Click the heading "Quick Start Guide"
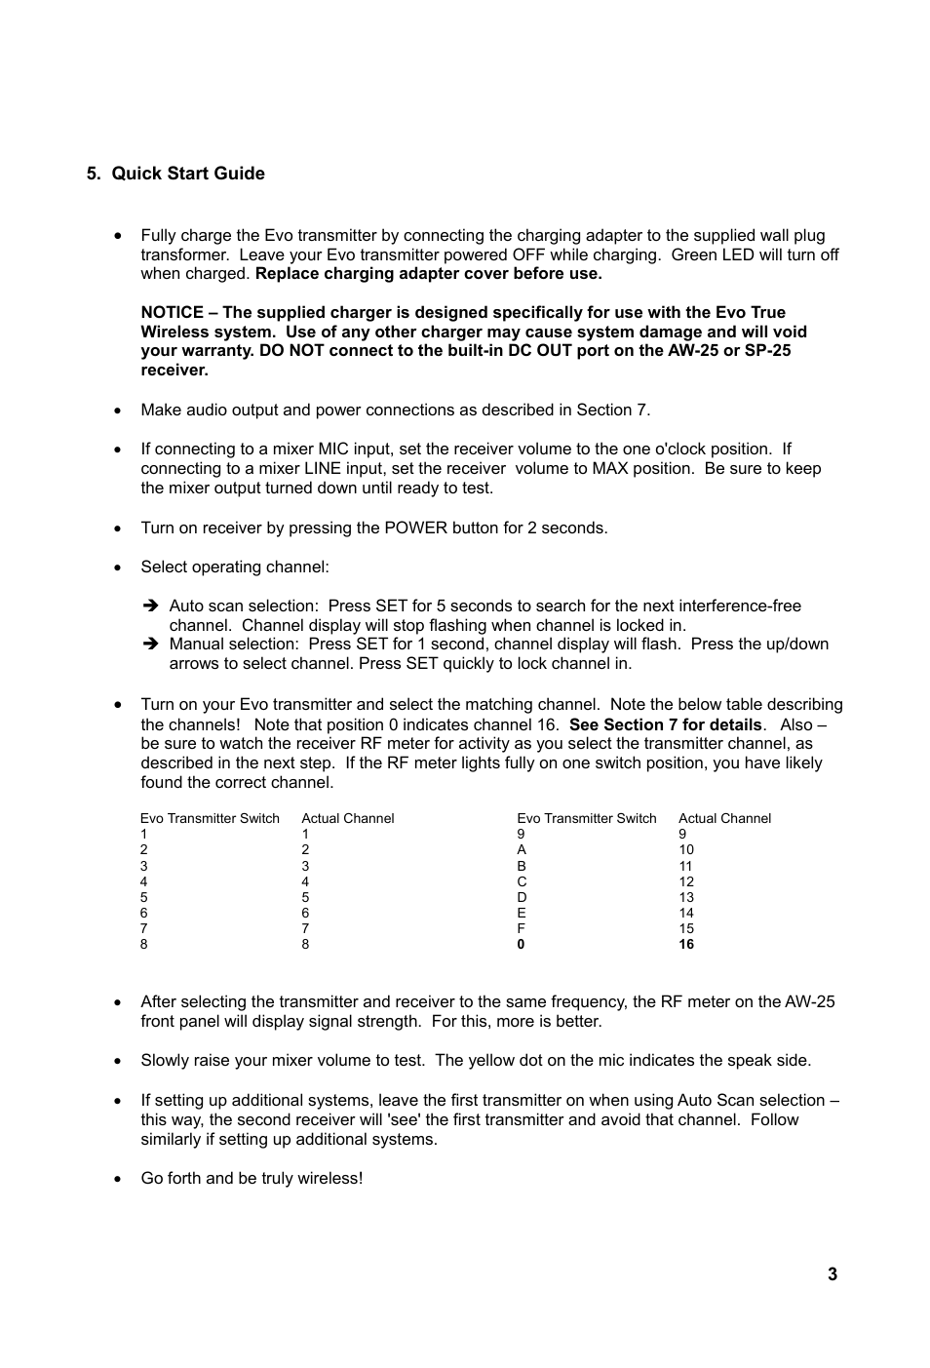click(x=187, y=174)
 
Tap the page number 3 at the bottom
click(x=832, y=1273)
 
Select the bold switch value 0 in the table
click(x=521, y=944)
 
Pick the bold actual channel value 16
click(x=686, y=944)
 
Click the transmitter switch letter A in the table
click(x=522, y=849)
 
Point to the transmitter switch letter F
click(x=522, y=928)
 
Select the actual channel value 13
click(x=686, y=897)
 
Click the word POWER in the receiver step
click(x=415, y=528)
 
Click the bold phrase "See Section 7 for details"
click(x=665, y=724)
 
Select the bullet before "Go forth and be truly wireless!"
click(x=118, y=1179)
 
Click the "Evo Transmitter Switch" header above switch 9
click(x=586, y=818)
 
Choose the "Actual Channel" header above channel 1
click(x=348, y=818)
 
